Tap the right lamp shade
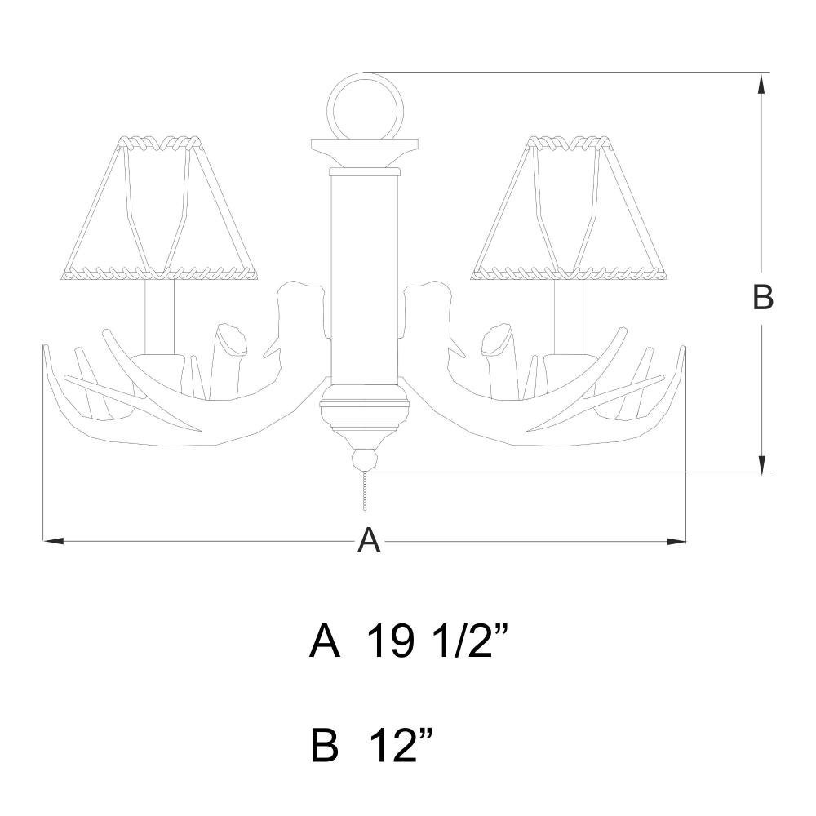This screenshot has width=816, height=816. coord(570,208)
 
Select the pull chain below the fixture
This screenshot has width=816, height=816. coord(366,492)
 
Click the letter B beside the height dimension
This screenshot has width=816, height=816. coord(763,298)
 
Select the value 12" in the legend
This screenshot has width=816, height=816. coord(401,745)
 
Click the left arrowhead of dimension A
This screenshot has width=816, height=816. coord(53,541)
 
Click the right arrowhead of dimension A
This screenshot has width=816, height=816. coord(676,541)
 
